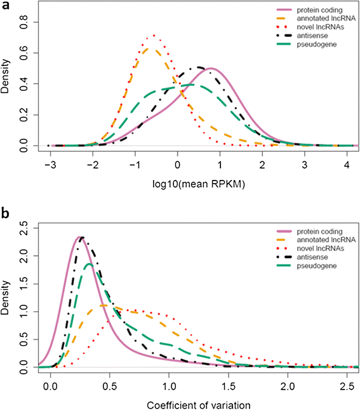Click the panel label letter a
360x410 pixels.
tap(5, 6)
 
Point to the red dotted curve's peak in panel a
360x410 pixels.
tap(153, 36)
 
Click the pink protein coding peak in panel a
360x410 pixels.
tap(211, 68)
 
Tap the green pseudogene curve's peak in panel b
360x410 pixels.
tap(89, 264)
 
